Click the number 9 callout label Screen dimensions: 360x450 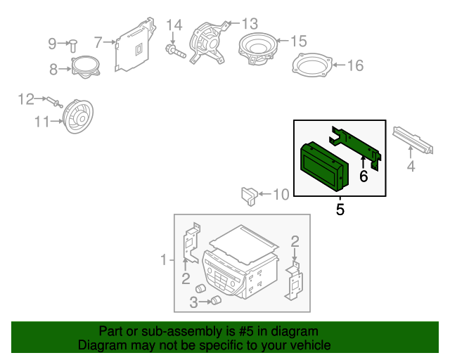(x=51, y=44)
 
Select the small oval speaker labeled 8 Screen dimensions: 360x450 (x=84, y=67)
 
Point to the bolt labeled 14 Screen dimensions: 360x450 (x=174, y=51)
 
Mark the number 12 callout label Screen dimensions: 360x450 (x=25, y=99)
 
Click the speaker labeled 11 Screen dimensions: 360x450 (x=77, y=117)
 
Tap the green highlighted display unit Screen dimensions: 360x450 (x=322, y=167)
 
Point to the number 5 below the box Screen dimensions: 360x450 (x=340, y=209)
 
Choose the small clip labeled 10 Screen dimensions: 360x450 (x=249, y=193)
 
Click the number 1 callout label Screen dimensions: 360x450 (x=163, y=260)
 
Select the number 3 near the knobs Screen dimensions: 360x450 (x=193, y=302)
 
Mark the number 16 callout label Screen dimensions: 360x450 (x=355, y=66)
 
